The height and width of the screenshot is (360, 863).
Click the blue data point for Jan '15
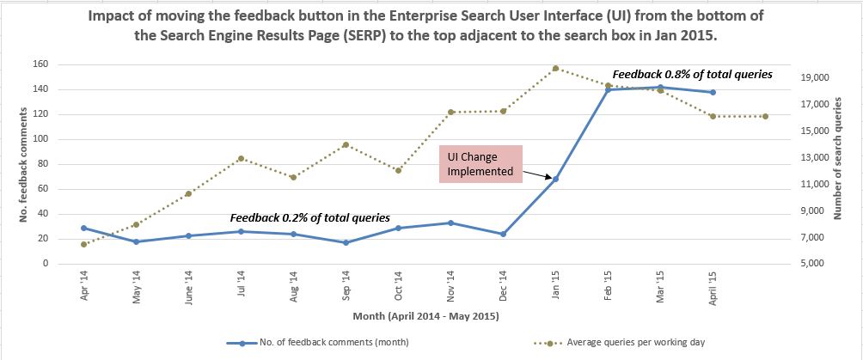(x=555, y=179)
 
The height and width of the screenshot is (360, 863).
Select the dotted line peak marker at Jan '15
(x=555, y=68)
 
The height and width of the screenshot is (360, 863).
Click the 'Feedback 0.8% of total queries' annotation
(x=692, y=74)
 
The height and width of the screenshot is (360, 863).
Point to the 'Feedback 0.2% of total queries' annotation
(x=309, y=217)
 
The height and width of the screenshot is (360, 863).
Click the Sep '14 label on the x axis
(x=346, y=283)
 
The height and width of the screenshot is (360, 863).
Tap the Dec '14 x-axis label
(x=503, y=283)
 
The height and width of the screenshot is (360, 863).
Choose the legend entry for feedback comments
(x=317, y=343)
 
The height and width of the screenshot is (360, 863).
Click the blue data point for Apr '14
(x=83, y=228)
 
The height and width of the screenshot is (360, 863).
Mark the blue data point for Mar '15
(x=660, y=87)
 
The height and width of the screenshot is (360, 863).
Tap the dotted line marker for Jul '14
(x=241, y=158)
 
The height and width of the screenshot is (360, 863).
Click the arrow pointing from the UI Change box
(x=538, y=174)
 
